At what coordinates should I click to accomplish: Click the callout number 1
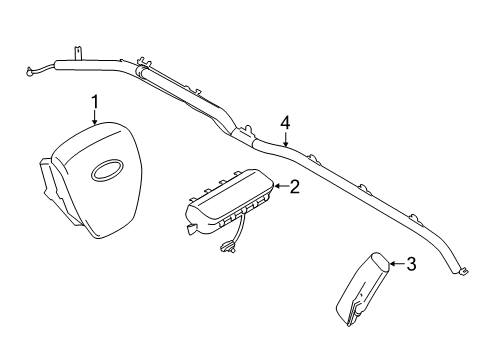point(95,101)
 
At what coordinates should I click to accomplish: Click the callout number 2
point(295,185)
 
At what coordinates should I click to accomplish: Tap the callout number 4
point(285,122)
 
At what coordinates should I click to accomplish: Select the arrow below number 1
point(95,117)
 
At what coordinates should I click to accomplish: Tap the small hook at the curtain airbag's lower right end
point(464,267)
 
